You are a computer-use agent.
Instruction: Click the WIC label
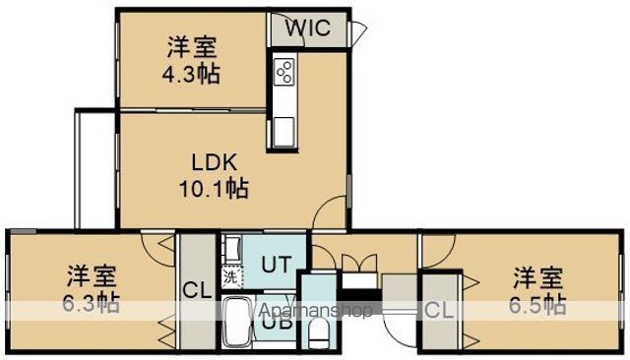(308, 28)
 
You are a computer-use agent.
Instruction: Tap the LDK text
(214, 163)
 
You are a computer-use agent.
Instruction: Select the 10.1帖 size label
(214, 188)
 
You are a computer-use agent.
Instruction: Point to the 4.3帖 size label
(191, 74)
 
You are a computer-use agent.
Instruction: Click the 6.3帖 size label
(91, 303)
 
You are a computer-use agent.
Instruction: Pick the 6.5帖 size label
(537, 304)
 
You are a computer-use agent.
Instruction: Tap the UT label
(276, 265)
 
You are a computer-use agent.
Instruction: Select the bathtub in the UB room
(237, 322)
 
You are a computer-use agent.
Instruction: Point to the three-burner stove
(283, 72)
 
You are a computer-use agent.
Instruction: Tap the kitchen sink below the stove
(283, 132)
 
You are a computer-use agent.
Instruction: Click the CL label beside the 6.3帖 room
(197, 290)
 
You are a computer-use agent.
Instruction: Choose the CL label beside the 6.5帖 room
(440, 310)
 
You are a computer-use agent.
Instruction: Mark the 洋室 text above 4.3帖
(192, 47)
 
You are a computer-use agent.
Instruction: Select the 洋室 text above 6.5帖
(538, 277)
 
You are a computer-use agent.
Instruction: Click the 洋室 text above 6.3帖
(92, 277)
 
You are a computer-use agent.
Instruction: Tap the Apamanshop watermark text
(316, 310)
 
